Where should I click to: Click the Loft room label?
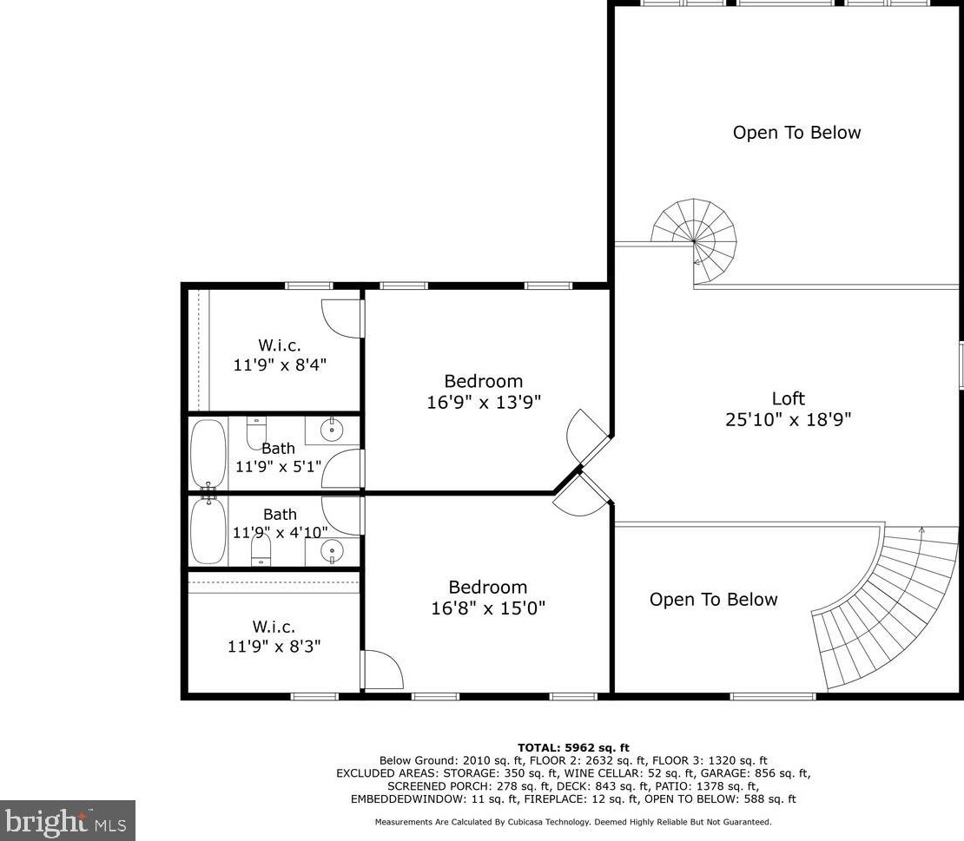pyautogui.click(x=788, y=398)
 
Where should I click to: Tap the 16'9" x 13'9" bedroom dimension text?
pyautogui.click(x=484, y=402)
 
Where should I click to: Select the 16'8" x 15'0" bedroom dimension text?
pyautogui.click(x=487, y=608)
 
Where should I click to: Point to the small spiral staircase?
pyautogui.click(x=695, y=240)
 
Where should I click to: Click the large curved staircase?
pyautogui.click(x=877, y=608)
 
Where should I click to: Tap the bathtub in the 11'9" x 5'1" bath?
pyautogui.click(x=208, y=452)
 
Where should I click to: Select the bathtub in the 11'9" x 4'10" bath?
pyautogui.click(x=208, y=530)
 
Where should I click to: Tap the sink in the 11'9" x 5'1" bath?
pyautogui.click(x=331, y=429)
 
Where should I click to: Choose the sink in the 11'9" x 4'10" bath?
pyautogui.click(x=331, y=549)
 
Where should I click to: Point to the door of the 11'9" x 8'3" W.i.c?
pyautogui.click(x=382, y=669)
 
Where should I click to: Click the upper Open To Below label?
pyautogui.click(x=796, y=133)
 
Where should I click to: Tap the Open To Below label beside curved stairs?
pyautogui.click(x=713, y=600)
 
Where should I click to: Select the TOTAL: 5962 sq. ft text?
pyautogui.click(x=573, y=747)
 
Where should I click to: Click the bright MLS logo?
pyautogui.click(x=68, y=820)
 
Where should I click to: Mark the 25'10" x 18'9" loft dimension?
pyautogui.click(x=788, y=419)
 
